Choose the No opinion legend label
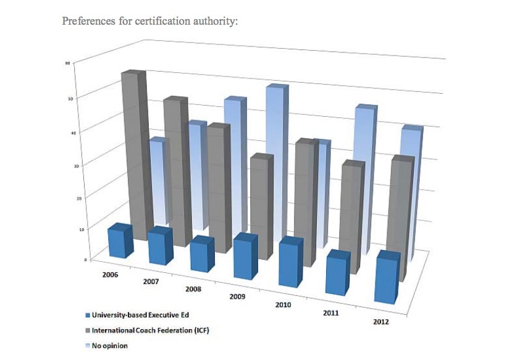tap(110, 346)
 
